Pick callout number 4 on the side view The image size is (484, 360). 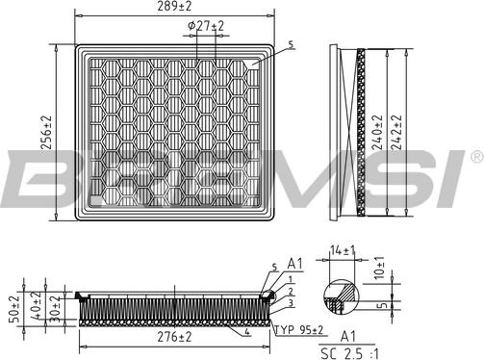pos(247,332)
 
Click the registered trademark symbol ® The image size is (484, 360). pos(476,154)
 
